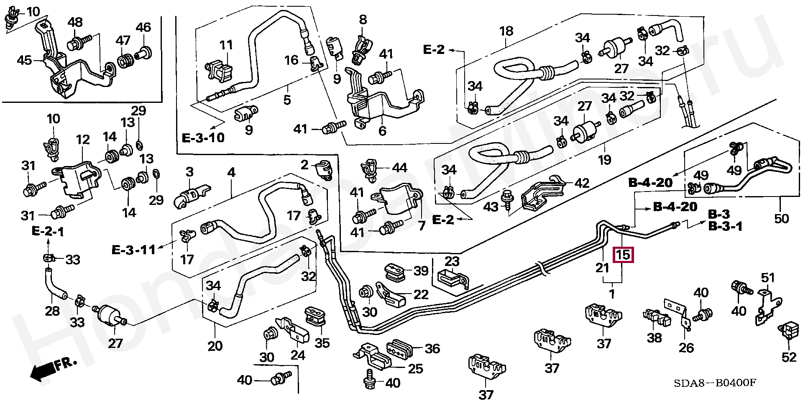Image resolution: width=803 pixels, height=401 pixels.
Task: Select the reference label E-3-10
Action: point(203,138)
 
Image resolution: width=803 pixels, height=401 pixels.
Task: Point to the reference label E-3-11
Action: point(133,250)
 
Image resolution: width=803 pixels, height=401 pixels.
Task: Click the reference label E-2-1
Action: point(48,232)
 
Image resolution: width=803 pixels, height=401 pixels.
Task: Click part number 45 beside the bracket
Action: point(24,60)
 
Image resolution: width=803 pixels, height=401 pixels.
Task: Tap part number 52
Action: point(789,357)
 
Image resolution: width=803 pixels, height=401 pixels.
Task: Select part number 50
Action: point(781,218)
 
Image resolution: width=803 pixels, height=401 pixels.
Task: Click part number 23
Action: point(452,261)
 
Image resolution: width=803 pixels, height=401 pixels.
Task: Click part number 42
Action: point(582,183)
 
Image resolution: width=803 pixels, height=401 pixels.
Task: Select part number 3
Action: point(189,172)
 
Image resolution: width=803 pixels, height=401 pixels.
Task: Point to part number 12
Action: point(83,139)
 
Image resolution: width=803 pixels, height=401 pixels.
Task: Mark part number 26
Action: point(686,347)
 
